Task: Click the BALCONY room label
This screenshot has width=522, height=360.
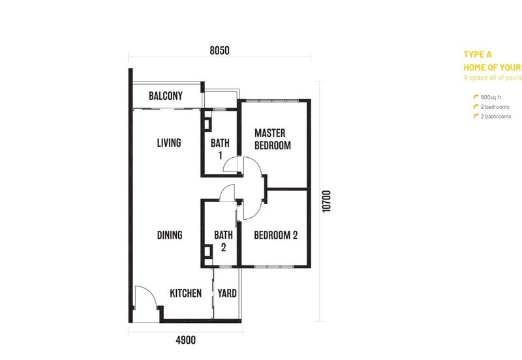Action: click(x=165, y=97)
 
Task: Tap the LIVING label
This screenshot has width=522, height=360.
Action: click(x=168, y=143)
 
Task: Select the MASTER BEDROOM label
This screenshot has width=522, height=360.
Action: click(x=272, y=139)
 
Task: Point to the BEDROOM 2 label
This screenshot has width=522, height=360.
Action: click(x=275, y=235)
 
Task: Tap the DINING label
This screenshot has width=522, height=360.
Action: click(x=169, y=235)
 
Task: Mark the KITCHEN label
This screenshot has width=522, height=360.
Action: click(x=186, y=293)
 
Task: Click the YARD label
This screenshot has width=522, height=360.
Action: click(x=227, y=293)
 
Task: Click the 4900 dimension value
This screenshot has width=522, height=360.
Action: click(x=185, y=340)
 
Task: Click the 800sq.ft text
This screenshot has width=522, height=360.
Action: click(x=490, y=97)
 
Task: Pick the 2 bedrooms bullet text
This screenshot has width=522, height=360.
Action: click(x=495, y=107)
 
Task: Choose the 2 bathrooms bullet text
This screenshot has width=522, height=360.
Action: click(x=496, y=117)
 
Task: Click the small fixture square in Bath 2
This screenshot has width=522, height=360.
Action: click(x=207, y=253)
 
